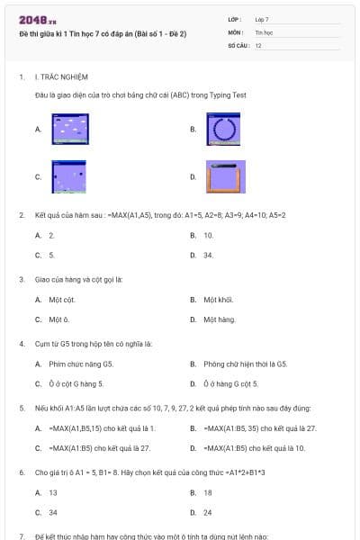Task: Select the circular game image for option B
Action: pyautogui.click(x=224, y=129)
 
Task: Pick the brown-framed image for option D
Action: pyautogui.click(x=225, y=176)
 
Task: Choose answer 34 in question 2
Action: pyautogui.click(x=208, y=255)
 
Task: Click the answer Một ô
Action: pyautogui.click(x=59, y=319)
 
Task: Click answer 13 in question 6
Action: pyautogui.click(x=53, y=492)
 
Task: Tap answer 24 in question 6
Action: pyautogui.click(x=208, y=512)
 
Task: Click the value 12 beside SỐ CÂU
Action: pyautogui.click(x=258, y=44)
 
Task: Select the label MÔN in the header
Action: pyautogui.click(x=237, y=31)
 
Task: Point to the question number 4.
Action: pyautogui.click(x=21, y=344)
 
